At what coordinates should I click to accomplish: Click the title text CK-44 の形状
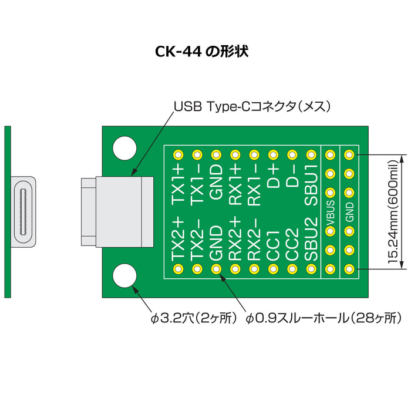pyautogui.click(x=202, y=52)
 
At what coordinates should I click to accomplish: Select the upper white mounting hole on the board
pyautogui.click(x=125, y=147)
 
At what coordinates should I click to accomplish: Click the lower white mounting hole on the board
pyautogui.click(x=125, y=276)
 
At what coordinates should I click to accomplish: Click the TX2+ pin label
pyautogui.click(x=178, y=241)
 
